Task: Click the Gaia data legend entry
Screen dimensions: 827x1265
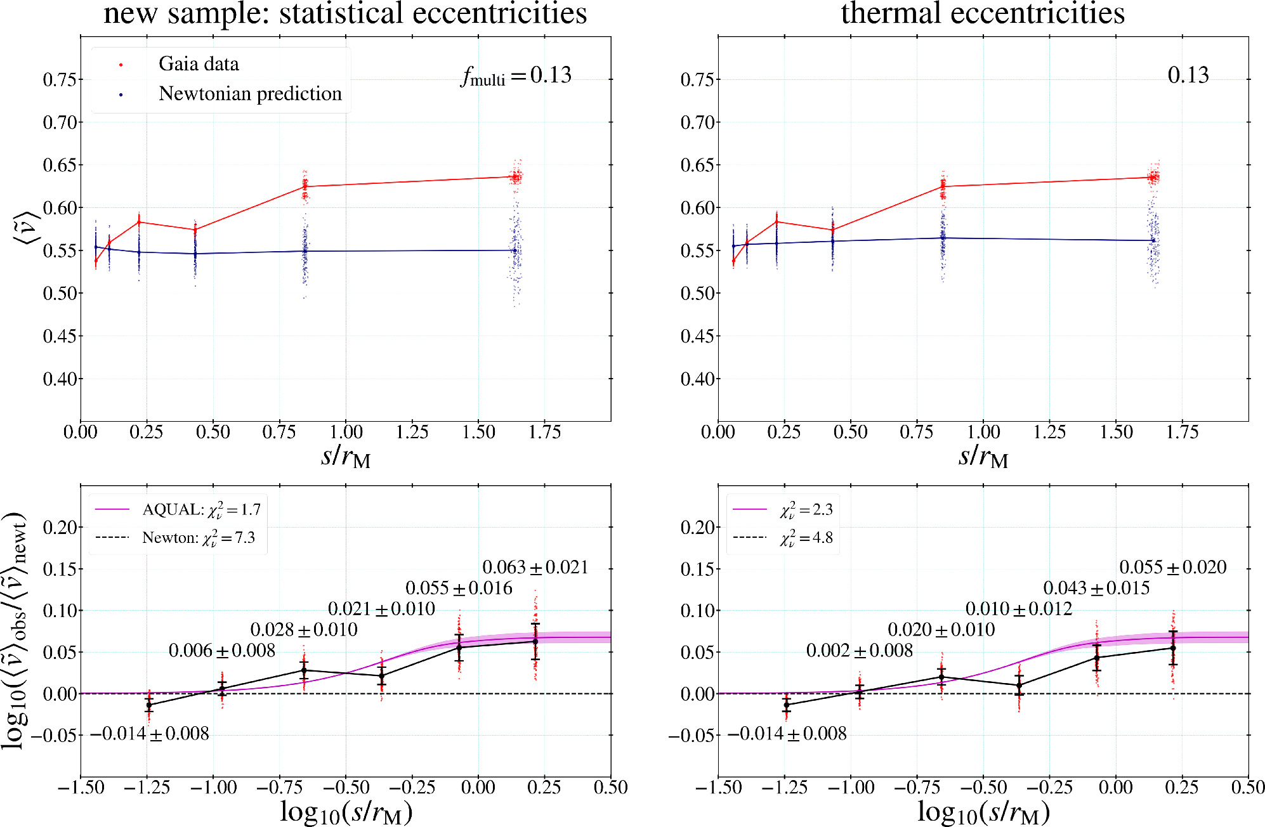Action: [x=198, y=64]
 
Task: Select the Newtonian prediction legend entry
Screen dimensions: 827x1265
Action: [x=249, y=94]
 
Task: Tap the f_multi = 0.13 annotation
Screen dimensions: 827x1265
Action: [x=516, y=75]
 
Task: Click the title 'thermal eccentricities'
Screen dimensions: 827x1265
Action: [x=982, y=13]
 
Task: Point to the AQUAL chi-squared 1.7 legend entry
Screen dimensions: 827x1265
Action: [x=200, y=509]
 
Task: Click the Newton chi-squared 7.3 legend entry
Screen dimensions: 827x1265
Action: [x=198, y=538]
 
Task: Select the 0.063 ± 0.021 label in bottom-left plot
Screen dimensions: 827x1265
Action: [x=535, y=567]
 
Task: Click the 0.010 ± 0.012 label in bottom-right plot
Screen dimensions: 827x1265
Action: [x=1018, y=609]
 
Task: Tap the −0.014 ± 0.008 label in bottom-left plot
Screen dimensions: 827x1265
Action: [x=150, y=734]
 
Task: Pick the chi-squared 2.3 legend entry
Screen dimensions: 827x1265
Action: [x=806, y=509]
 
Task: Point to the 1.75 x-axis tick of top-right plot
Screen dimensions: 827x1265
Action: [x=1182, y=433]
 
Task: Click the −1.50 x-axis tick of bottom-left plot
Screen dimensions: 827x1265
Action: [x=81, y=788]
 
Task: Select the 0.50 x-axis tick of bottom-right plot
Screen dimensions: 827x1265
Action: [x=1247, y=788]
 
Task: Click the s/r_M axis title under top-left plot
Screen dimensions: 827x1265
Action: [x=345, y=456]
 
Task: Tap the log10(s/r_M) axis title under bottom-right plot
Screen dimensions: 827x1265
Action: [x=983, y=812]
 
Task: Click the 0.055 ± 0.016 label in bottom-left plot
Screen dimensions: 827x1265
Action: [x=458, y=588]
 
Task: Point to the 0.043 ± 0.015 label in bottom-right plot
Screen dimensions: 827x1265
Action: [x=1096, y=588]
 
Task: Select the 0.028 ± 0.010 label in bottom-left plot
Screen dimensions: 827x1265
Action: [x=303, y=630]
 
